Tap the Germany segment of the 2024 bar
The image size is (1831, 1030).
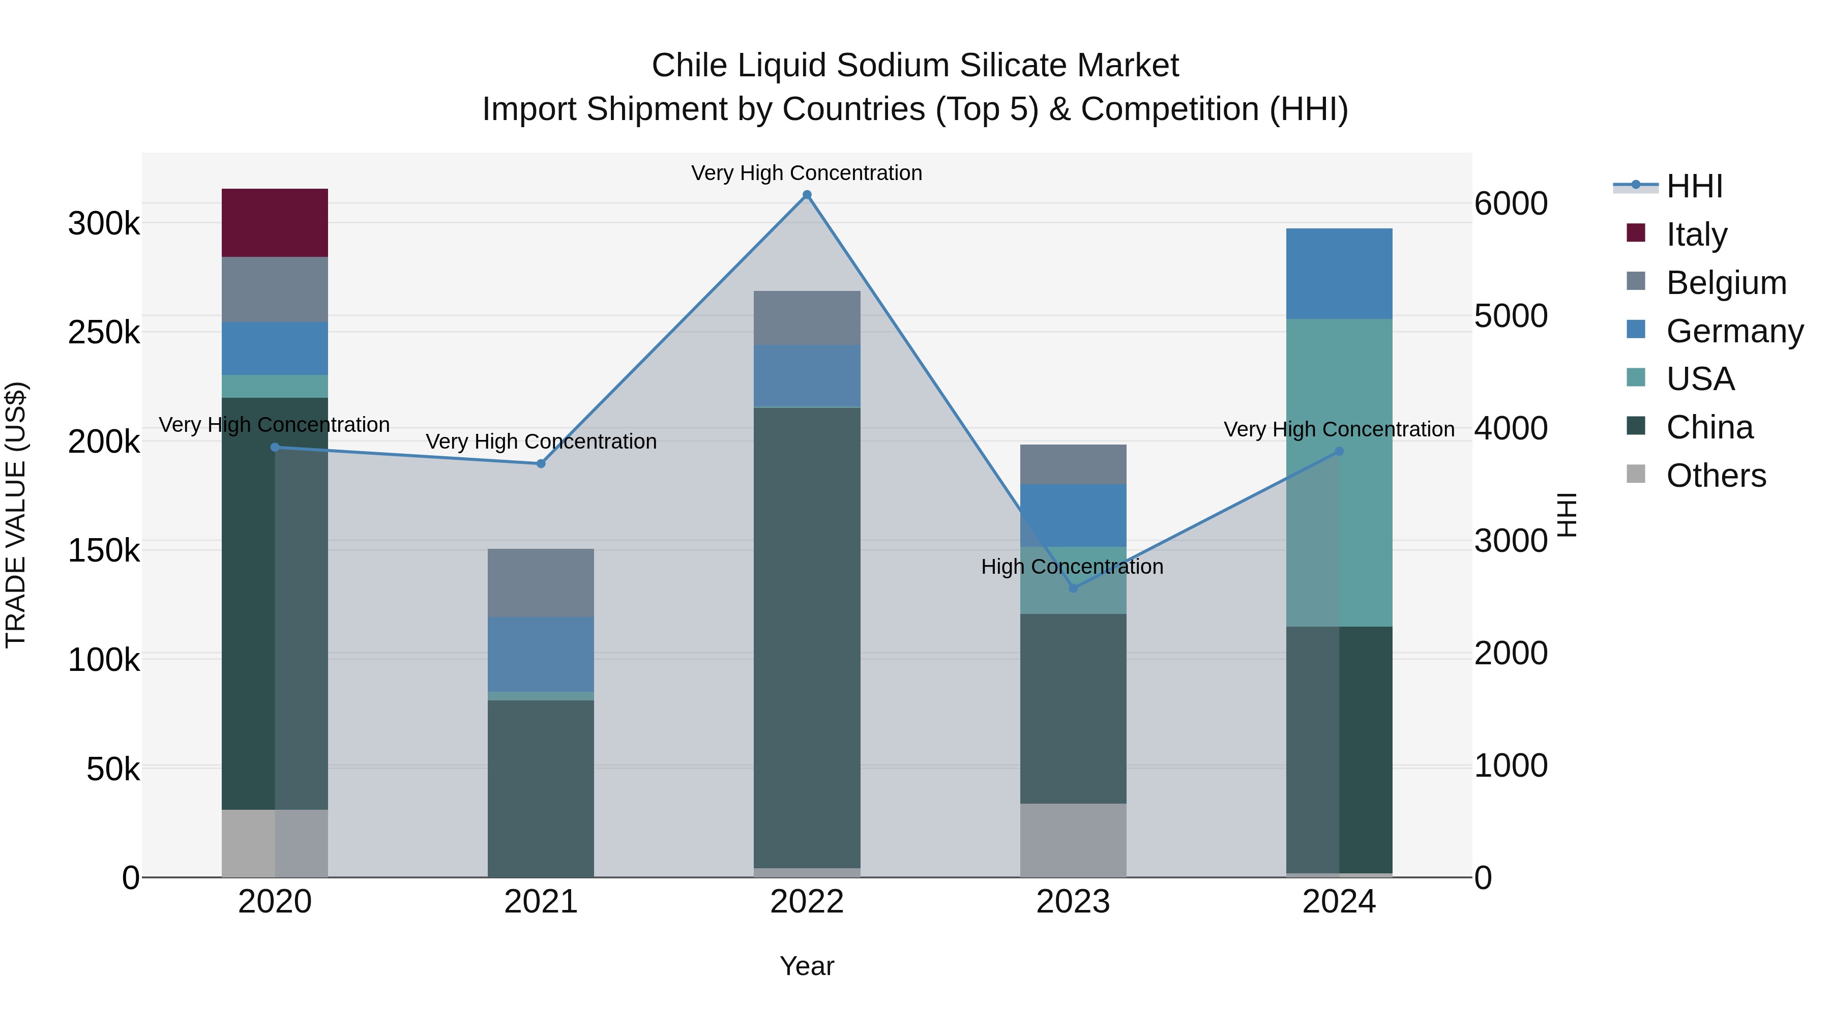[1339, 274]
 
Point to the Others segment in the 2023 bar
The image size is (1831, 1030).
[1073, 840]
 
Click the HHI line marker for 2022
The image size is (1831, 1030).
[807, 195]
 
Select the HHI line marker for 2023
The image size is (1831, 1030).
[1073, 588]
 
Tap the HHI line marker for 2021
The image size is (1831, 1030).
[541, 463]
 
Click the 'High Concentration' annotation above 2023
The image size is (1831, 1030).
[1072, 567]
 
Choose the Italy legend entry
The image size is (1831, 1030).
[1696, 234]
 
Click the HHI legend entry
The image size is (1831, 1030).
[1695, 186]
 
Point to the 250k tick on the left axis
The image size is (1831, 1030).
[104, 332]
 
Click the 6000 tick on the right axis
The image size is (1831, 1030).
[1511, 203]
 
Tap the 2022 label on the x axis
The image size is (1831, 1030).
[807, 902]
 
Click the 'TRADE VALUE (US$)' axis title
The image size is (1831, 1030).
[16, 515]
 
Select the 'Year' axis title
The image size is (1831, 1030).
[807, 966]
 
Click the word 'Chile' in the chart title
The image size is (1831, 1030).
[689, 66]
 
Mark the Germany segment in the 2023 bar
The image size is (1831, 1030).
[1073, 515]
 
